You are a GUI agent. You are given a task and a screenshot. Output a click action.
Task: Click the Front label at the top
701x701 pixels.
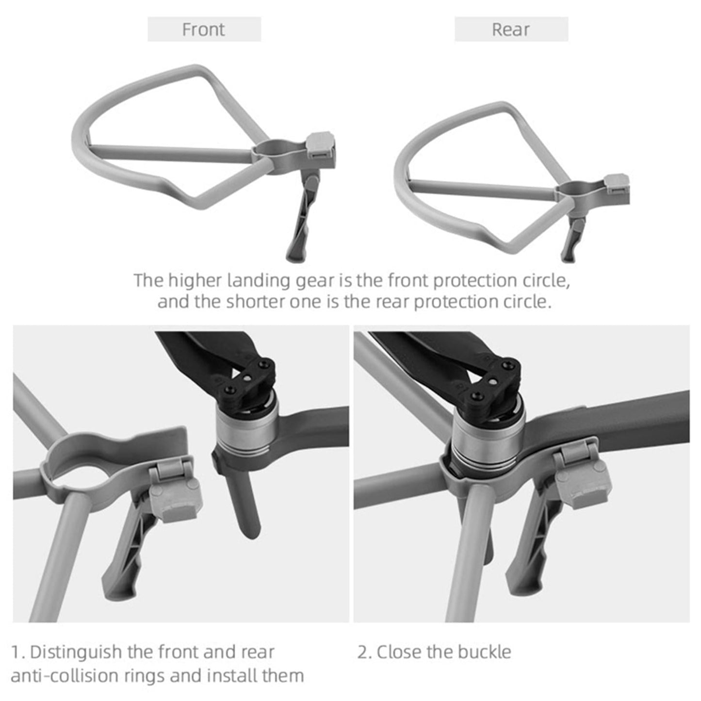tap(204, 30)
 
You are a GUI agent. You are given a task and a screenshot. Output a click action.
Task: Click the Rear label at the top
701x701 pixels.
tap(510, 30)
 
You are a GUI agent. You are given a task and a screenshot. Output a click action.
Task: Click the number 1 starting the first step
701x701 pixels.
tap(16, 652)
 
